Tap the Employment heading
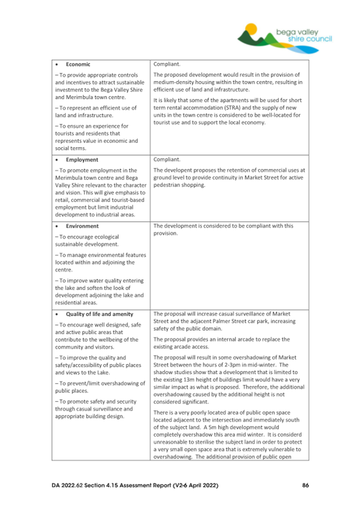pos(83,159)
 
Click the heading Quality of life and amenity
pos(100,313)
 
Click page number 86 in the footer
pos(305,485)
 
